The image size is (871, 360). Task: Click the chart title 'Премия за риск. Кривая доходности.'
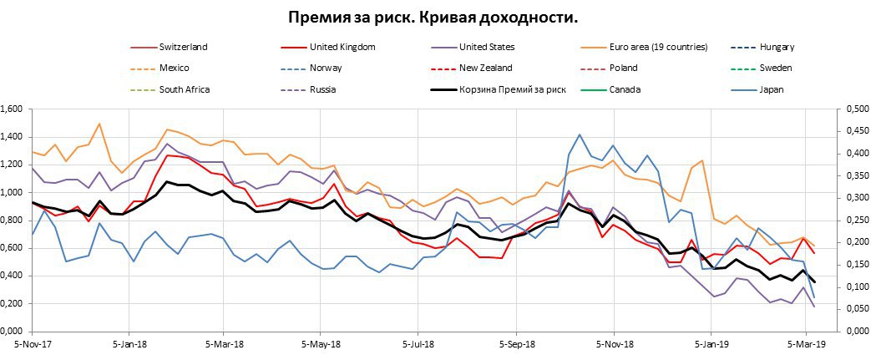point(433,18)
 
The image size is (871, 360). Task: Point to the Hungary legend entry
point(774,48)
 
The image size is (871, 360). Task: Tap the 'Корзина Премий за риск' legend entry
point(512,89)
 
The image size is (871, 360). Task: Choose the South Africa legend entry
point(185,89)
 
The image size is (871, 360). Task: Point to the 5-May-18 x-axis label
point(318,343)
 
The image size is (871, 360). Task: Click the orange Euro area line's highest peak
point(99,124)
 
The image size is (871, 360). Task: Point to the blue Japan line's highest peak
point(580,134)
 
